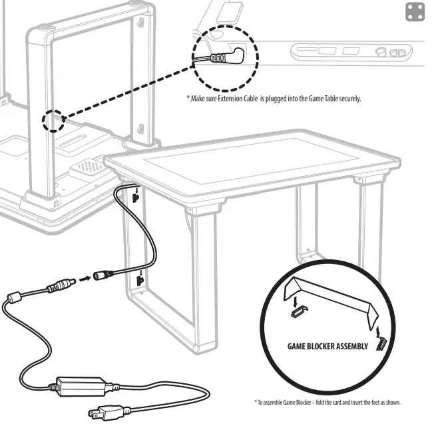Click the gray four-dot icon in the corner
click(x=415, y=12)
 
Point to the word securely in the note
click(x=347, y=99)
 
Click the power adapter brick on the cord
click(x=82, y=385)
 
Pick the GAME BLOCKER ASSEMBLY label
click(x=327, y=347)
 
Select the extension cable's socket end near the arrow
click(x=104, y=274)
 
